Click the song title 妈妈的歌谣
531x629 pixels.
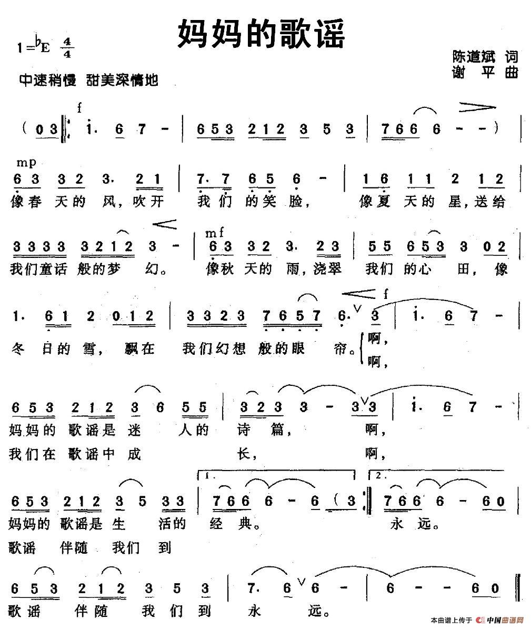click(x=262, y=34)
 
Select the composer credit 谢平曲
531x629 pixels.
click(x=485, y=72)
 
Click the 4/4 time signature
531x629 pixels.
click(x=67, y=47)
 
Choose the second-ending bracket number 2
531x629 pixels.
click(x=380, y=476)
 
